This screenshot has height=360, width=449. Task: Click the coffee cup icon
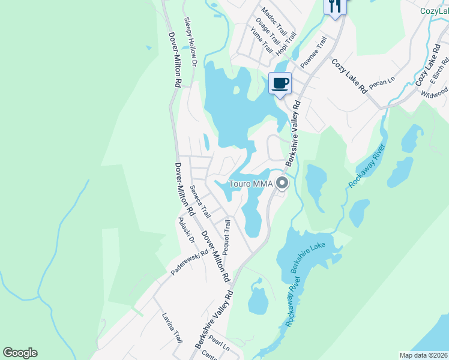(x=280, y=82)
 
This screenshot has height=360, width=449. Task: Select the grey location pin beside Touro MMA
(x=282, y=184)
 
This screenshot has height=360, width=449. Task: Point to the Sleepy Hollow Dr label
(x=191, y=41)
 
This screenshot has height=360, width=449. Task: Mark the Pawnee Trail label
(x=314, y=52)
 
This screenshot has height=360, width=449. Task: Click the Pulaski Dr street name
(x=187, y=231)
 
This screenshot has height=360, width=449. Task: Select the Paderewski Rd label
(x=188, y=262)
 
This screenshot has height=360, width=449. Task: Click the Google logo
(x=20, y=353)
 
